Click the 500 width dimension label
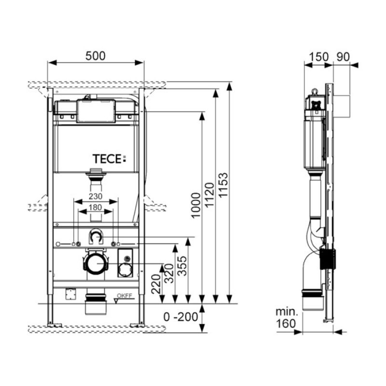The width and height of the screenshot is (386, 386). click(x=95, y=56)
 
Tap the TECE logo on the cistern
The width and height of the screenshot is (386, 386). click(x=109, y=159)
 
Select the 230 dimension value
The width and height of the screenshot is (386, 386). click(x=95, y=196)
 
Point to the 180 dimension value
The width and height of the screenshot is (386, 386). click(x=95, y=207)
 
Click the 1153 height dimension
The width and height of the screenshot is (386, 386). click(x=223, y=185)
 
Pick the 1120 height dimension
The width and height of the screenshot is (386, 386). click(x=210, y=195)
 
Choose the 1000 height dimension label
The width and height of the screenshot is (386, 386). click(x=196, y=206)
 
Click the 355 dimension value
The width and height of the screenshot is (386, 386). click(x=182, y=266)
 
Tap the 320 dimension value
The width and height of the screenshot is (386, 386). click(x=169, y=273)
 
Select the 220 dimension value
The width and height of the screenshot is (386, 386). click(x=156, y=284)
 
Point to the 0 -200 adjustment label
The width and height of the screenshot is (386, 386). click(x=180, y=317)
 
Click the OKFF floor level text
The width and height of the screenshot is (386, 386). click(x=124, y=296)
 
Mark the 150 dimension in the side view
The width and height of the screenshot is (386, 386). click(x=318, y=57)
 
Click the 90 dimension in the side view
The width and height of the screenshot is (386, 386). click(x=343, y=57)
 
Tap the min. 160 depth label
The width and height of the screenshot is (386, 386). click(x=286, y=318)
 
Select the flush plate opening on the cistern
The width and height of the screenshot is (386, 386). click(x=96, y=111)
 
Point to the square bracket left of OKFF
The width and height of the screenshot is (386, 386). click(x=70, y=294)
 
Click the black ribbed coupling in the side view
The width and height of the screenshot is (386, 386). click(x=328, y=259)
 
